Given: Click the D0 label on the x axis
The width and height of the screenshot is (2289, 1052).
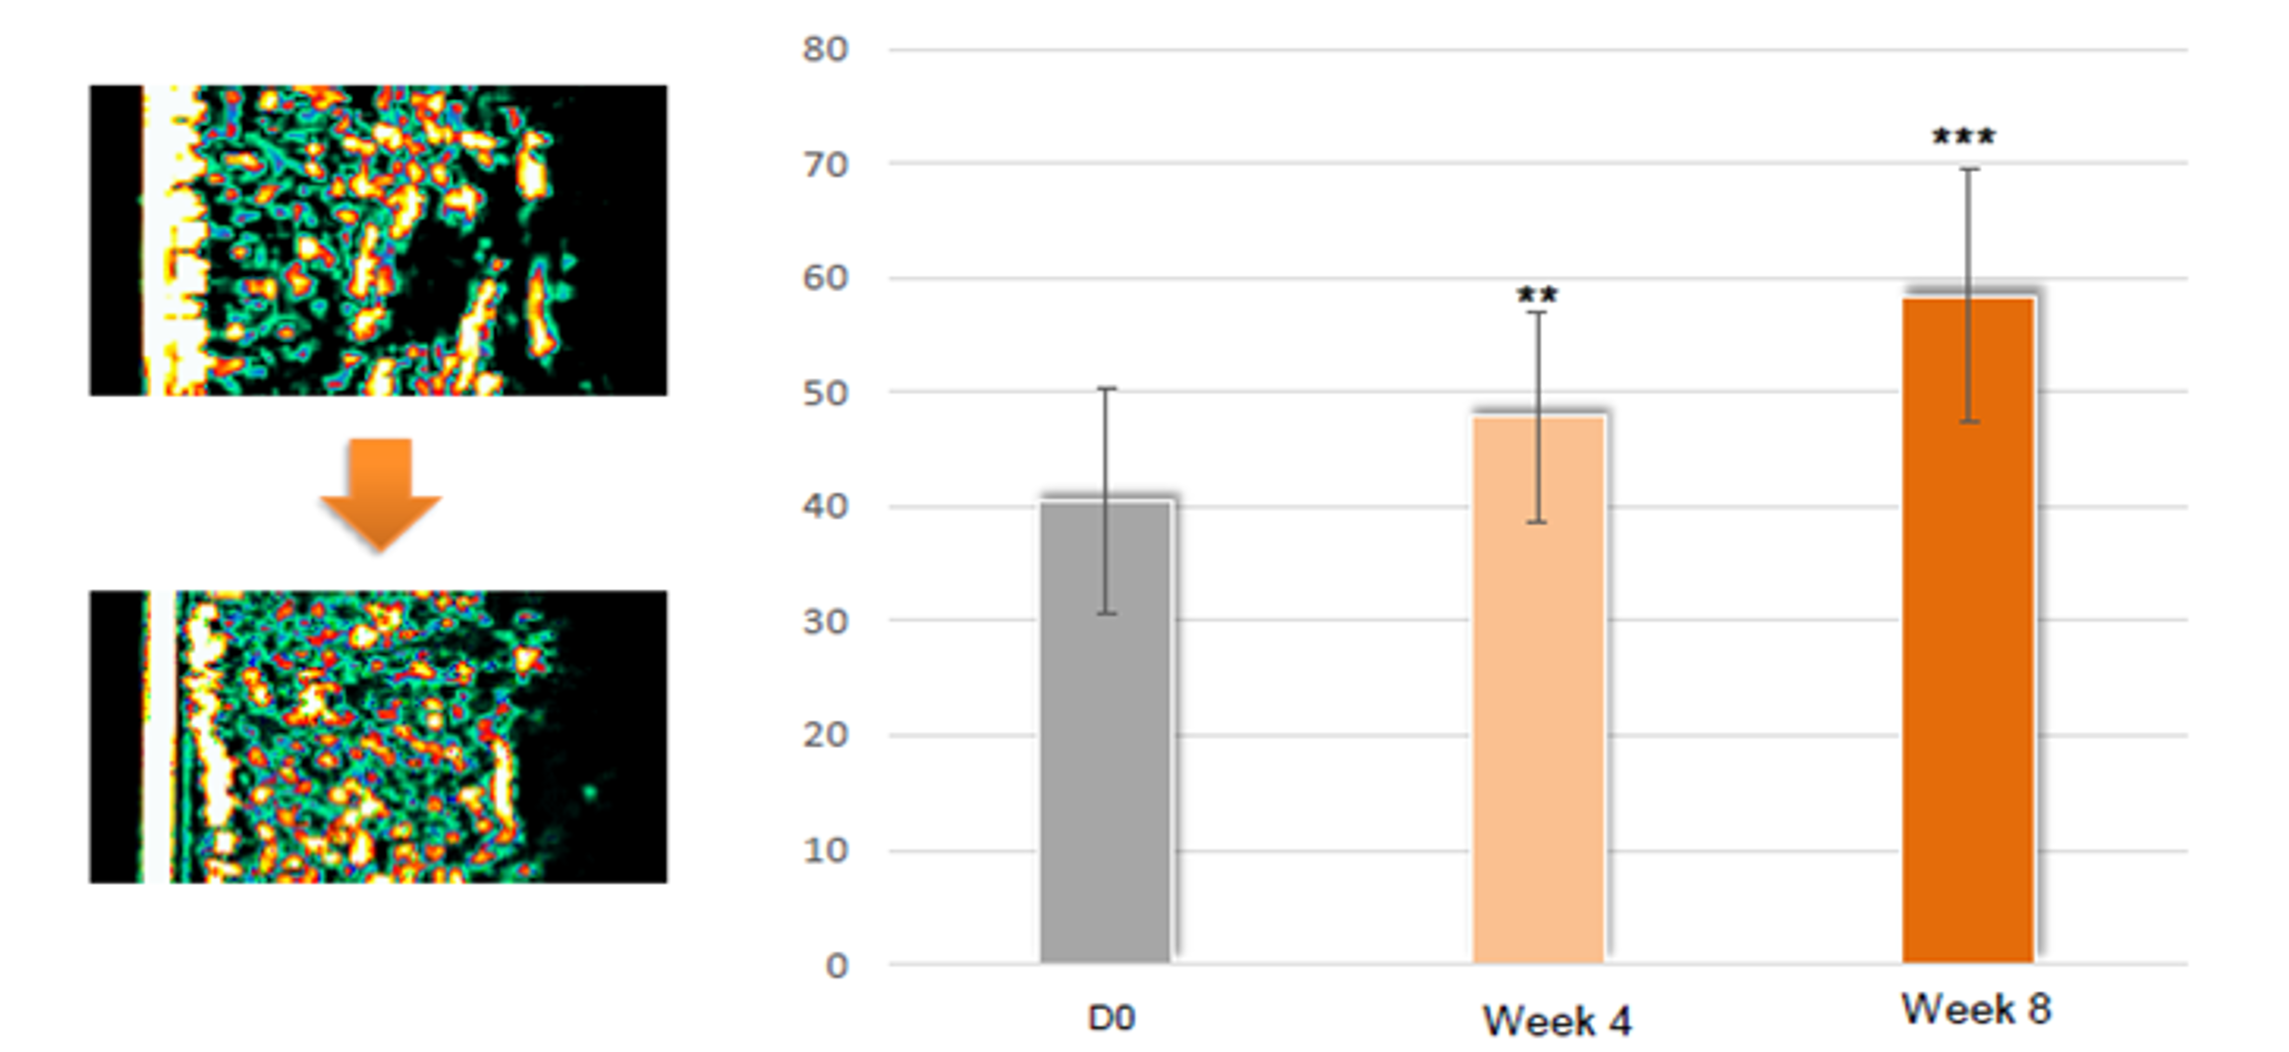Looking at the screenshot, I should (1111, 1017).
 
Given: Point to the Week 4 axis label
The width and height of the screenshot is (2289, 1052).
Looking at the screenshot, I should (1557, 1021).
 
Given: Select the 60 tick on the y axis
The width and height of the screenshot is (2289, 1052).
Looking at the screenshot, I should (825, 278).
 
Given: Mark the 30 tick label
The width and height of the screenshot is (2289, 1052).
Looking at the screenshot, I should (825, 621).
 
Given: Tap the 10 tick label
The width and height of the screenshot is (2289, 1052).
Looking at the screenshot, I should (825, 850).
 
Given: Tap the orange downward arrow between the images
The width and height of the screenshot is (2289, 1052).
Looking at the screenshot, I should (380, 493).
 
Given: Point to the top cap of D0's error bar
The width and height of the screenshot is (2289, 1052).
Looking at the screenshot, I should (1105, 388).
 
